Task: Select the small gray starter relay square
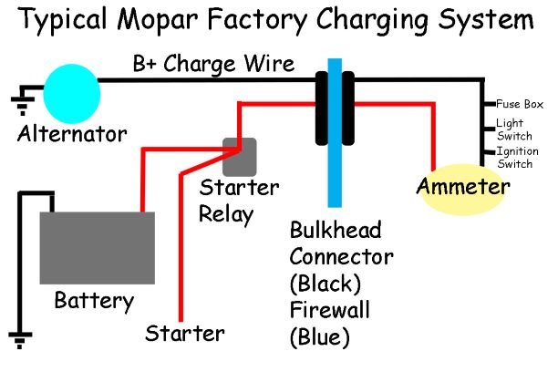pyautogui.click(x=241, y=156)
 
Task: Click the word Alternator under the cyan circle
pyautogui.click(x=72, y=134)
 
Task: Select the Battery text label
pyautogui.click(x=94, y=299)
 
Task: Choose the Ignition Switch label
pyautogui.click(x=517, y=156)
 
